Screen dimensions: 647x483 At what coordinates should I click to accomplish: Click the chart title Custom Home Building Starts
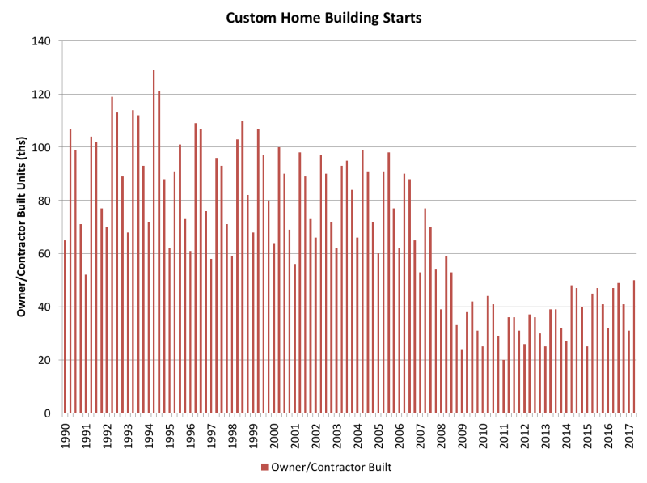pyautogui.click(x=324, y=18)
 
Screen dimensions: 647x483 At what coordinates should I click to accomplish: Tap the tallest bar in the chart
pyautogui.click(x=154, y=241)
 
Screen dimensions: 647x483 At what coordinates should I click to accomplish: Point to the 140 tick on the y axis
pyautogui.click(x=41, y=41)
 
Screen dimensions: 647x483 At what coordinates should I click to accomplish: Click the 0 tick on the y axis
pyautogui.click(x=48, y=413)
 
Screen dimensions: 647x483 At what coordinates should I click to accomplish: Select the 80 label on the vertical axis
pyautogui.click(x=44, y=201)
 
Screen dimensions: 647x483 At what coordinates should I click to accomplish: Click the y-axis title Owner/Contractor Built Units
pyautogui.click(x=22, y=227)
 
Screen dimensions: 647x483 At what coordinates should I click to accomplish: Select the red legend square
pyautogui.click(x=264, y=467)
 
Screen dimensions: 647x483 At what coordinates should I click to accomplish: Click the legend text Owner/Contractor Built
pyautogui.click(x=332, y=467)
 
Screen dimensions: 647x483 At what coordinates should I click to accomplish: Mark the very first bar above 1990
pyautogui.click(x=65, y=327)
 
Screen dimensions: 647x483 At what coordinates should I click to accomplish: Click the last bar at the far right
pyautogui.click(x=634, y=346)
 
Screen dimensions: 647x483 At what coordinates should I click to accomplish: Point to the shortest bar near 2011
pyautogui.click(x=503, y=387)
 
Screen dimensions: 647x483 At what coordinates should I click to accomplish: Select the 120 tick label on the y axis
pyautogui.click(x=41, y=95)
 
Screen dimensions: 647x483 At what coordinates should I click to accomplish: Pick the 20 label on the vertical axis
pyautogui.click(x=44, y=360)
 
